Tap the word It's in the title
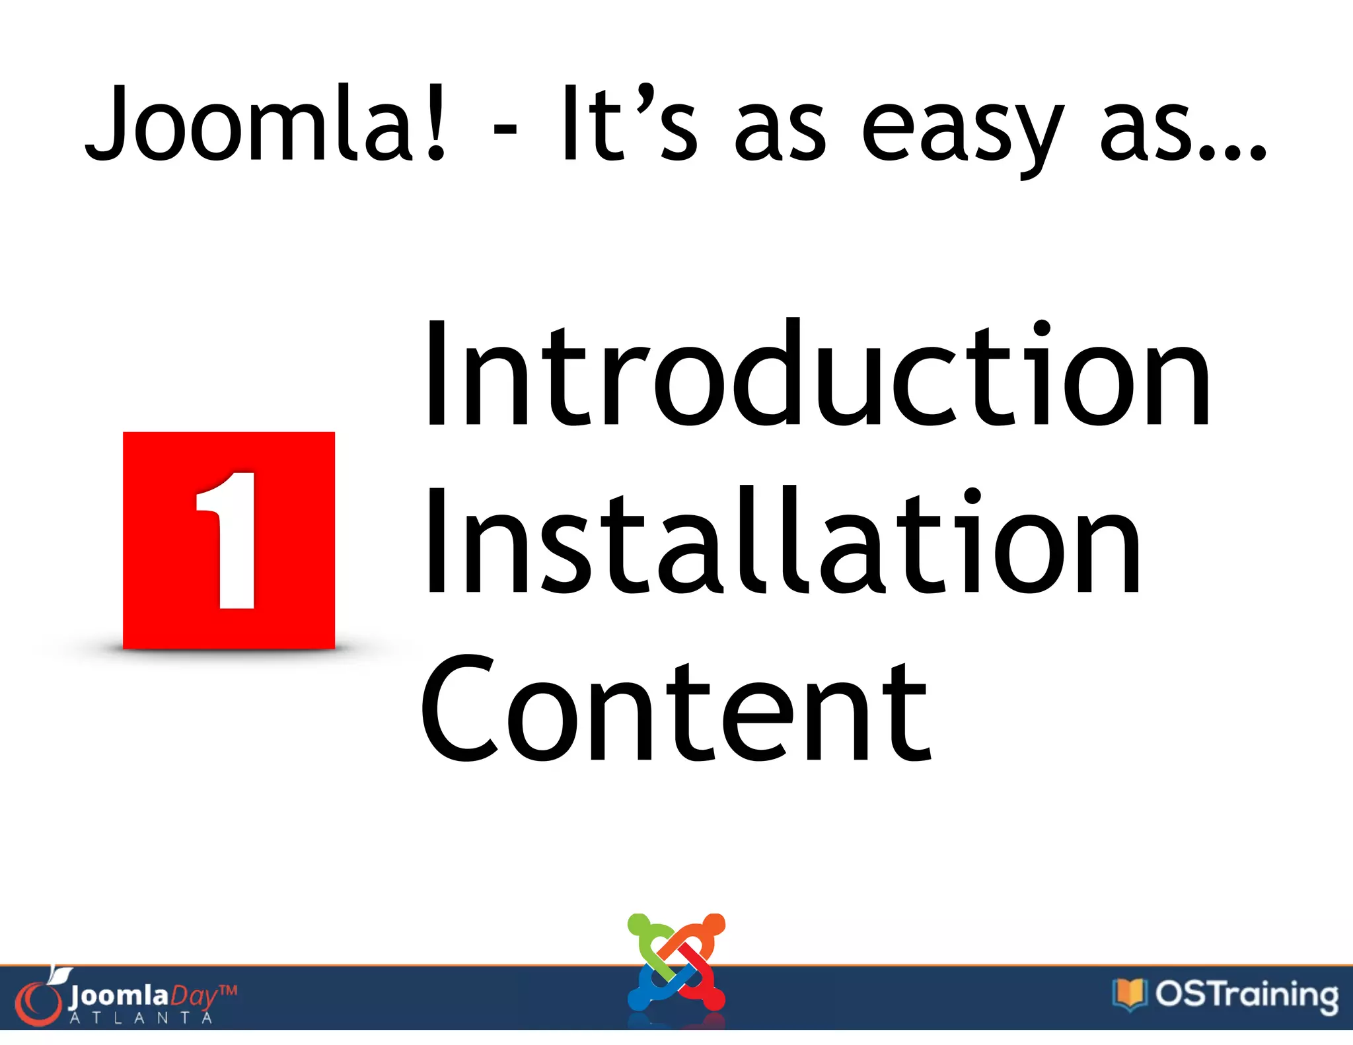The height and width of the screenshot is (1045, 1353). pyautogui.click(x=628, y=124)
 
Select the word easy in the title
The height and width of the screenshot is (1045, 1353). pyautogui.click(x=962, y=132)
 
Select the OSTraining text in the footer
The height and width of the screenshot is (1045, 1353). pyautogui.click(x=1246, y=995)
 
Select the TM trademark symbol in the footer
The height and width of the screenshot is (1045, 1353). pyautogui.click(x=227, y=990)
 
